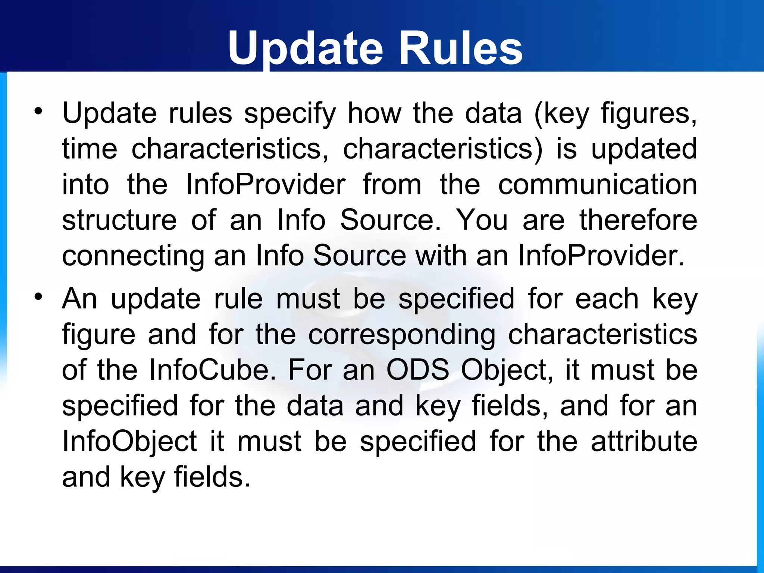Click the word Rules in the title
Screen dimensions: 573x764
[x=460, y=48]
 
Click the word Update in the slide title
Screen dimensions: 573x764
[x=306, y=48]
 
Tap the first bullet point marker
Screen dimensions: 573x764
[x=38, y=111]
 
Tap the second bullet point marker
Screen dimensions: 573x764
[x=38, y=297]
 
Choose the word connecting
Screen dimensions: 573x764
[x=133, y=257]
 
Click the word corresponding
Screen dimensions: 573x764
[x=402, y=335]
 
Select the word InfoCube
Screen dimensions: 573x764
[x=213, y=370]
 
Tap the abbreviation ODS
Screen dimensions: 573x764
[x=417, y=370]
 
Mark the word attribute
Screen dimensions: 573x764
[x=644, y=441]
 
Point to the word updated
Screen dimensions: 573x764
[x=644, y=149]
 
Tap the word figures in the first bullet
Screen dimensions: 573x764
[x=648, y=113]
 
